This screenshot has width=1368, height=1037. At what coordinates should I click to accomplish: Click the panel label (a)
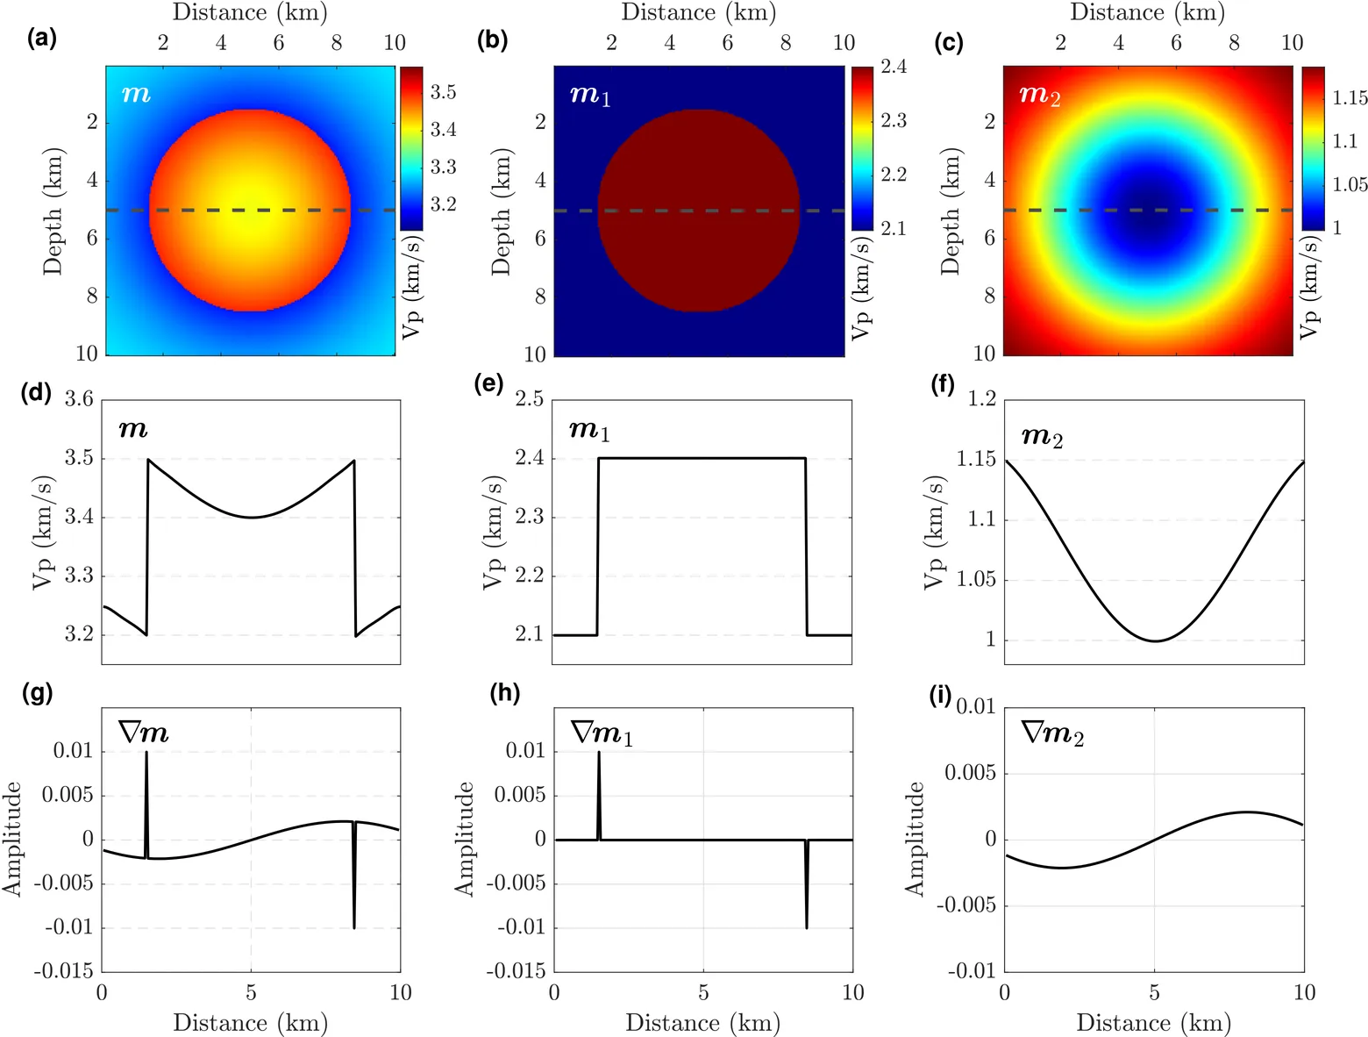tap(42, 39)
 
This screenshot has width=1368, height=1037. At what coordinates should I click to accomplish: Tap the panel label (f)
tap(943, 385)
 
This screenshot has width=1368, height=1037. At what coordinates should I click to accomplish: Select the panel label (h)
tap(505, 693)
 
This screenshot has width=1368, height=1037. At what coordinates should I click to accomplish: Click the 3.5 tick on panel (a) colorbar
tap(443, 92)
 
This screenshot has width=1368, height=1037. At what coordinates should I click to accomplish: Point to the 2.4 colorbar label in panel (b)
tap(894, 66)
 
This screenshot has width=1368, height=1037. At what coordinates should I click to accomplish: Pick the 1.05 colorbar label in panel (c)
tap(1350, 184)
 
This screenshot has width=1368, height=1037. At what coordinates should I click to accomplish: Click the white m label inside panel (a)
tap(136, 94)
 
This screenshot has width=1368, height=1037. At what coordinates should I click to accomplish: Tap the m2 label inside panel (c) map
tap(1039, 96)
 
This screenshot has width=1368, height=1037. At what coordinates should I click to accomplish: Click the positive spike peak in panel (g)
tap(146, 752)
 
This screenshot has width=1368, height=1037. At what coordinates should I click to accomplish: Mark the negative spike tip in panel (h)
tap(807, 927)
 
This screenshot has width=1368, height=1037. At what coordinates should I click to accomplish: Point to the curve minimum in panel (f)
tap(1156, 641)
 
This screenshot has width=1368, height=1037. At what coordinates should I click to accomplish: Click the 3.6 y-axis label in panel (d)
tap(79, 398)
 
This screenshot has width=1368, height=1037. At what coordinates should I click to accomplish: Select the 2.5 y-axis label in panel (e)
tap(530, 398)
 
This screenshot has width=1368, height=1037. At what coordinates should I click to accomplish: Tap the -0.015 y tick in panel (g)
tap(63, 971)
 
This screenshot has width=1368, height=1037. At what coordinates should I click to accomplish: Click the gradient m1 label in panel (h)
tap(602, 733)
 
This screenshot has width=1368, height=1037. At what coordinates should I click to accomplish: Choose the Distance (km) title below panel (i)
tap(1154, 1023)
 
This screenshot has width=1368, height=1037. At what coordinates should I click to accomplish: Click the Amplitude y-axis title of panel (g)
tap(12, 840)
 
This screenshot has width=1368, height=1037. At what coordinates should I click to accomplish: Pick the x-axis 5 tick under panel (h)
tap(703, 992)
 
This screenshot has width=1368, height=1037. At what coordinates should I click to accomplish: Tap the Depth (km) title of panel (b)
tap(501, 211)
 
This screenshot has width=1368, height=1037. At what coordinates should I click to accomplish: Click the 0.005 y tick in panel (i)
tap(970, 773)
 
